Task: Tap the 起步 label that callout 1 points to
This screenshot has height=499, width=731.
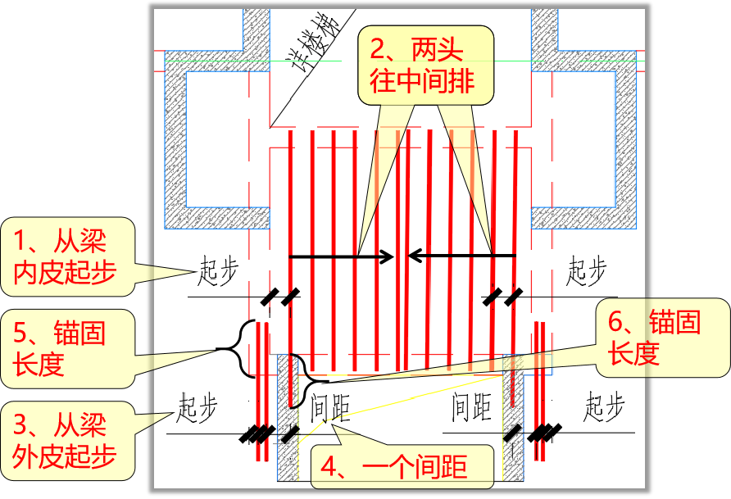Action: click(x=220, y=271)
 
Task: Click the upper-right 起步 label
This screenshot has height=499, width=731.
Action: click(x=587, y=271)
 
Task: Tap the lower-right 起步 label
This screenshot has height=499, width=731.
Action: click(x=605, y=407)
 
